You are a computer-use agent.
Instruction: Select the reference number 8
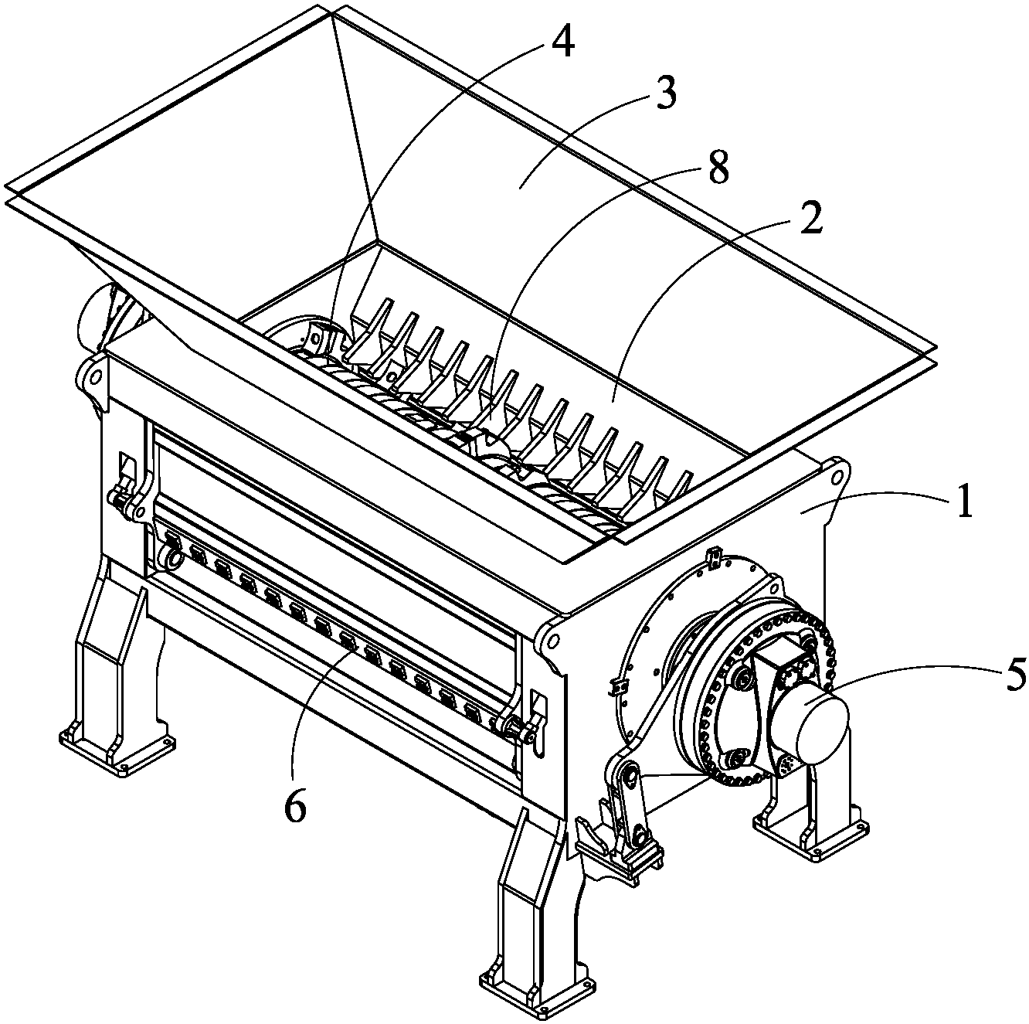(x=716, y=167)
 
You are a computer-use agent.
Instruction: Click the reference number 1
(x=964, y=501)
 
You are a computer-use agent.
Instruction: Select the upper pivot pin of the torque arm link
(x=628, y=774)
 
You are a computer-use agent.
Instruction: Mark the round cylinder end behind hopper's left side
(x=95, y=317)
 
